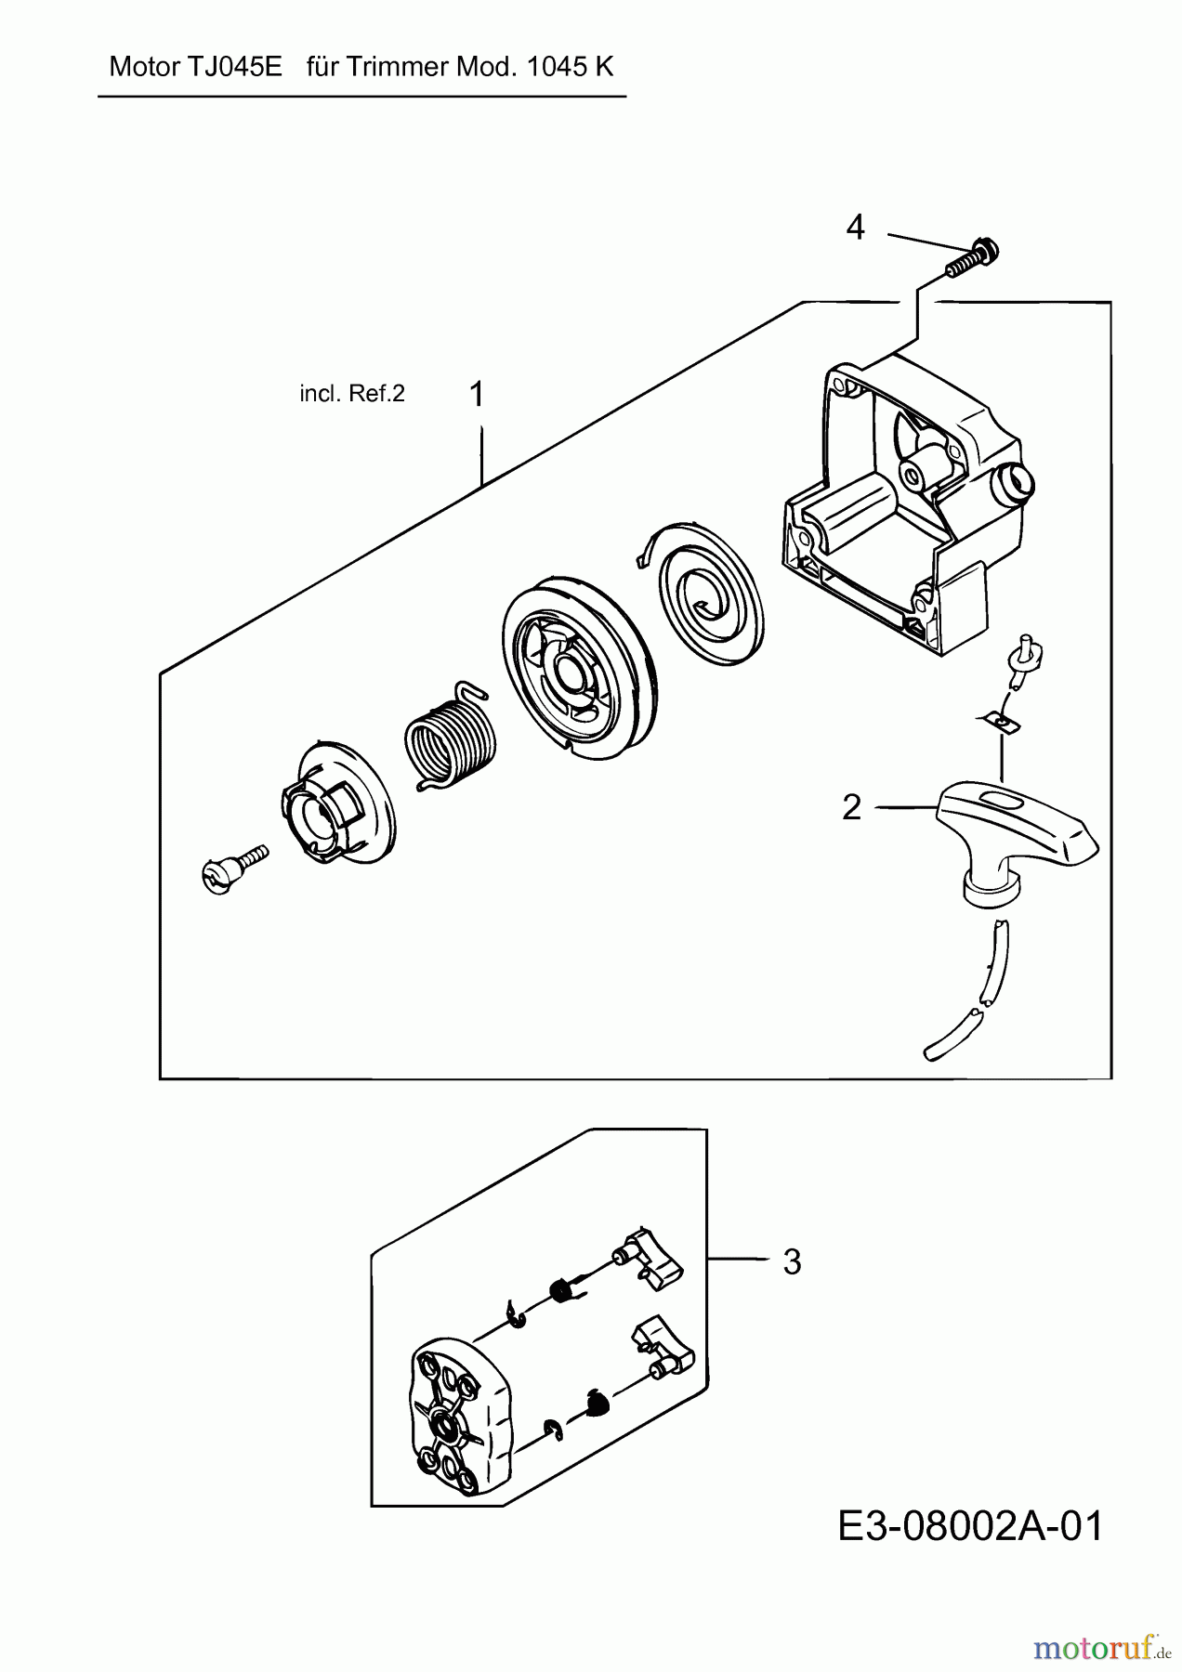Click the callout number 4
tap(855, 228)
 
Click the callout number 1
tap(477, 395)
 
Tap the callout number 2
tap(852, 808)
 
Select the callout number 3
tap(792, 1262)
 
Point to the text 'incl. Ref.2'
tap(352, 394)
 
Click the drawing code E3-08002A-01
tap(970, 1526)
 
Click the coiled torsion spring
tap(451, 735)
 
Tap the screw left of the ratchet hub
tap(233, 865)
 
